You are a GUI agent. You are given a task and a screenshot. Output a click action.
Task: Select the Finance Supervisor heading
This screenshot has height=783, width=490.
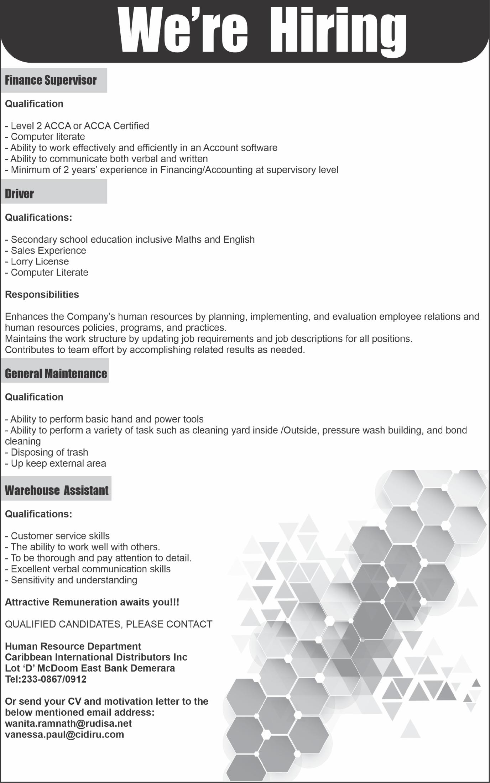pos(51,80)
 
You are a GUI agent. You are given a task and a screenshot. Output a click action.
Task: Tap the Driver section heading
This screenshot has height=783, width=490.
pos(19,194)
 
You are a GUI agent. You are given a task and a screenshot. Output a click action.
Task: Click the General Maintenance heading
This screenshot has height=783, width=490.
pos(56,374)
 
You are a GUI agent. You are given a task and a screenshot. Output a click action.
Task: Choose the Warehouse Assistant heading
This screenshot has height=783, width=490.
pos(57,490)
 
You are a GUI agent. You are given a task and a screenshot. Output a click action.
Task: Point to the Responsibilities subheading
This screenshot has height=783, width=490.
pos(42,295)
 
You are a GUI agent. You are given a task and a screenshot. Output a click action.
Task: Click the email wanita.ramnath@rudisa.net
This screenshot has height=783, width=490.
pos(68,724)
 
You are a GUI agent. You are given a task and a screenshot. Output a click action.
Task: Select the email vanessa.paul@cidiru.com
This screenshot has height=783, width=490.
pos(64,735)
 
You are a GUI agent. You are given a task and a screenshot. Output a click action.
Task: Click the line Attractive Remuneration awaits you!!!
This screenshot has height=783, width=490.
pos(92,602)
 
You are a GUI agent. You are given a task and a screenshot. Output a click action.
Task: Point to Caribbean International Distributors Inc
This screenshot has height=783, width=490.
pos(96,657)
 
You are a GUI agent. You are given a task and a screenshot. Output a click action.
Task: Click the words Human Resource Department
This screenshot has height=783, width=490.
pos(73,646)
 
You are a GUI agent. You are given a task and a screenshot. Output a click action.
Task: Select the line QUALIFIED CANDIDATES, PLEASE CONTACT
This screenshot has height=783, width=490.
pos(109,624)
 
